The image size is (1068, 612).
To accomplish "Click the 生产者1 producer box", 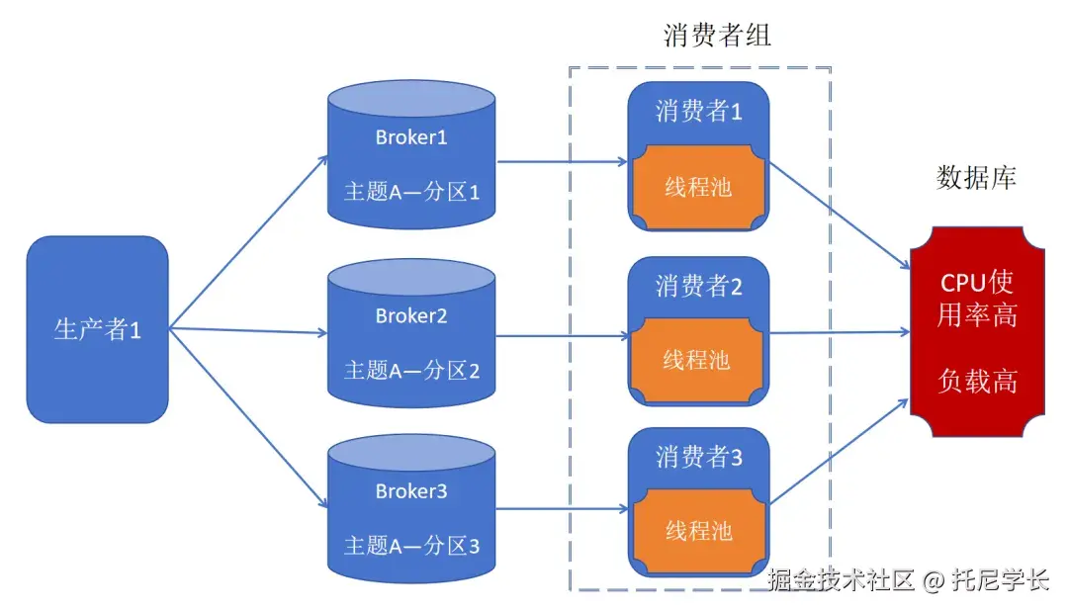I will [x=97, y=329].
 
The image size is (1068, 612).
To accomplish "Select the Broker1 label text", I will [x=411, y=137].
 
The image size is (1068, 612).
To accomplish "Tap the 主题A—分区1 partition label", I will [x=411, y=191].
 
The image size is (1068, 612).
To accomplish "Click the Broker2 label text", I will [x=411, y=316].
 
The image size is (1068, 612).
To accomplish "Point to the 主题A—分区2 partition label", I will [x=411, y=371].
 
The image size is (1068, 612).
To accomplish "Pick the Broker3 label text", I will [x=411, y=491].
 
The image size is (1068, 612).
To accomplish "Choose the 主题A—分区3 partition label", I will [x=411, y=545].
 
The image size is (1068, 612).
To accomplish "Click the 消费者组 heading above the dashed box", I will [x=717, y=37].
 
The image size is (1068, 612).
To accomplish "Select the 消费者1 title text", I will [x=698, y=112].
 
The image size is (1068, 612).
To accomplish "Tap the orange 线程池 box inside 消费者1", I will [x=698, y=186].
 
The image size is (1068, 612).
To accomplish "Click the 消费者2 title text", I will [x=698, y=286].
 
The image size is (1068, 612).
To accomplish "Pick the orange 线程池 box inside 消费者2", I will [x=698, y=360].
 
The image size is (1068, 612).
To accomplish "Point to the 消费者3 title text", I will [x=698, y=458].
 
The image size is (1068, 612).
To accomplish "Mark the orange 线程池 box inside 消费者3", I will [x=698, y=531].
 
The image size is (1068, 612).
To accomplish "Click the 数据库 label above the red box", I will [x=976, y=178].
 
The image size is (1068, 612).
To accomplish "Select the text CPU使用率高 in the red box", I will [x=977, y=299].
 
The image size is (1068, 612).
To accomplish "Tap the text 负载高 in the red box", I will [x=977, y=382].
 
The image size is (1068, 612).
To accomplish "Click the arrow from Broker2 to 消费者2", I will [x=562, y=335].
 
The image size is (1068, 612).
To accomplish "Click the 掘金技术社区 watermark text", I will [x=841, y=581].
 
